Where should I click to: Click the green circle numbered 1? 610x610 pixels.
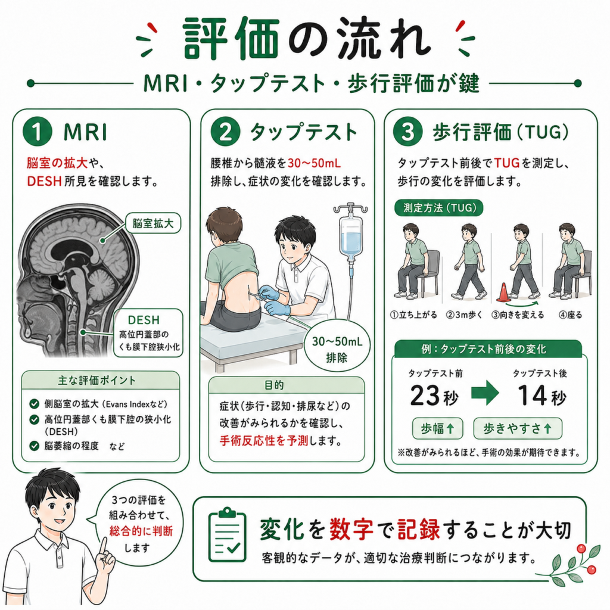coord(38,132)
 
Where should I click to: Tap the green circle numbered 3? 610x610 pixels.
coord(407,132)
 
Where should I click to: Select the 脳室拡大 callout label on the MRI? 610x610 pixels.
coord(153,223)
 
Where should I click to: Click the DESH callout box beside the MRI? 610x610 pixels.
coord(148,333)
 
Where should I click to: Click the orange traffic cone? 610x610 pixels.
coord(503,292)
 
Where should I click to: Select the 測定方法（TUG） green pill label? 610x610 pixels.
coord(439,208)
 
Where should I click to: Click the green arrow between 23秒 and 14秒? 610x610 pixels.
coord(485,393)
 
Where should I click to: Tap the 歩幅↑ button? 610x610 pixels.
coord(438,428)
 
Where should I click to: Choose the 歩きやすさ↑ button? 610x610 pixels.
coord(518,428)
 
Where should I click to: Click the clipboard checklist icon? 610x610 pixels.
coord(227,536)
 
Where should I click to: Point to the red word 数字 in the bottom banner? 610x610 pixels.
coord(351,530)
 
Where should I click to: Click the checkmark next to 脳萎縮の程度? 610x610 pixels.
coord(34,446)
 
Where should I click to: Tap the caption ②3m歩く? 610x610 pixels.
coord(463,315)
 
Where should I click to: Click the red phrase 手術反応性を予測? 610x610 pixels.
coord(264,441)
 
